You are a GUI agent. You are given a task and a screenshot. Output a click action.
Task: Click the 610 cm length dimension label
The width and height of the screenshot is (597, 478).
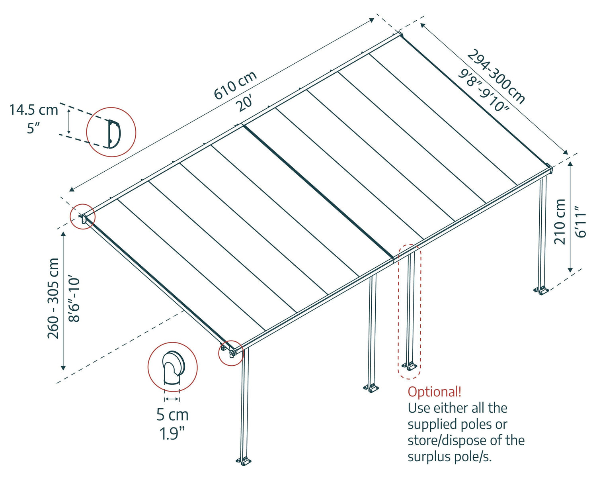click(235, 86)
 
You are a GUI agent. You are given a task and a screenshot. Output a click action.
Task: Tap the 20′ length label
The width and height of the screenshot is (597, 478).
click(246, 104)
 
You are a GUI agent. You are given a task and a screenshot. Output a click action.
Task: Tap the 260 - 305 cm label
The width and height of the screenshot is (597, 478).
click(53, 298)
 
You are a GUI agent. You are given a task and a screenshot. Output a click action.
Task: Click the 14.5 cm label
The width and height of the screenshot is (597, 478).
click(34, 110)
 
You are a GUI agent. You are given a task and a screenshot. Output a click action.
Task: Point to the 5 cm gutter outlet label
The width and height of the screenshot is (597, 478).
click(172, 415)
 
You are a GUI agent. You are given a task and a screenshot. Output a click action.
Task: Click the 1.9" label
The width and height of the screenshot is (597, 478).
click(172, 433)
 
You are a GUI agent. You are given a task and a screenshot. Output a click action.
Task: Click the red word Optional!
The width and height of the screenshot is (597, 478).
click(434, 392)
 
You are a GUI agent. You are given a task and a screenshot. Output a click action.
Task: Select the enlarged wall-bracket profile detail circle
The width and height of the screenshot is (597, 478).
click(111, 132)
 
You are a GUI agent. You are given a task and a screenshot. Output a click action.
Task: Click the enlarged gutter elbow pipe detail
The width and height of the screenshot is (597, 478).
click(172, 366)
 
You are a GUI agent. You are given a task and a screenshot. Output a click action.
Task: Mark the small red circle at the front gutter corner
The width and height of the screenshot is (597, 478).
click(231, 353)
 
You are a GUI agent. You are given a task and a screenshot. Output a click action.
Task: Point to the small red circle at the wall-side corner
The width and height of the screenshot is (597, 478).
click(82, 217)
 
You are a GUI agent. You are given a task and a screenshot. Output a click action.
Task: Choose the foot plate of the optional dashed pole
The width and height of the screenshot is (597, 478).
click(409, 366)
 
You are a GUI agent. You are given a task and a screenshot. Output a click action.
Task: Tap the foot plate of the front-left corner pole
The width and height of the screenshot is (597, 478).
click(244, 461)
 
